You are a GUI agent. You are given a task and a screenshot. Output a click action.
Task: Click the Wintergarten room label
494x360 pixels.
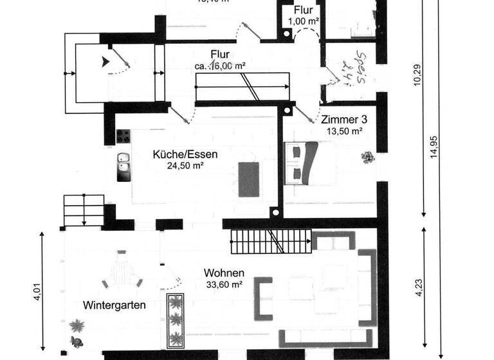click(114, 305)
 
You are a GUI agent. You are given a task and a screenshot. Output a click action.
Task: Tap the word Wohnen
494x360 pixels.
click(224, 273)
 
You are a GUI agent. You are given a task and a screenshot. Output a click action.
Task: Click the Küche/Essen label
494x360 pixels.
click(185, 154)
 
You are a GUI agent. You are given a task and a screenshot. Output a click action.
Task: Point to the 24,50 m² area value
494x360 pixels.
click(185, 165)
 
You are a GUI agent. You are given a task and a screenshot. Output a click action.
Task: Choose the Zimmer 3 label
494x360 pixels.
click(344, 120)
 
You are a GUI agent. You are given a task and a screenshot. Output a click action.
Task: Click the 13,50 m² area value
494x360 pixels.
click(344, 130)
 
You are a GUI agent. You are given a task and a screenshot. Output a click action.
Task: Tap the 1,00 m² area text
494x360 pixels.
click(303, 21)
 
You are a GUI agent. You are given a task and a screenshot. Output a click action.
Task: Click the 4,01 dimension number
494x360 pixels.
click(37, 291)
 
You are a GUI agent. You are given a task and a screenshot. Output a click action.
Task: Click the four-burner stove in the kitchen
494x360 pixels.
click(123, 136)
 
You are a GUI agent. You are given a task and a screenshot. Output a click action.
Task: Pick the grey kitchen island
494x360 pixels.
click(248, 179)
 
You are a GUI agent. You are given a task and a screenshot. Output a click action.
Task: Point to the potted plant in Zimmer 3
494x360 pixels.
click(367, 157)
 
